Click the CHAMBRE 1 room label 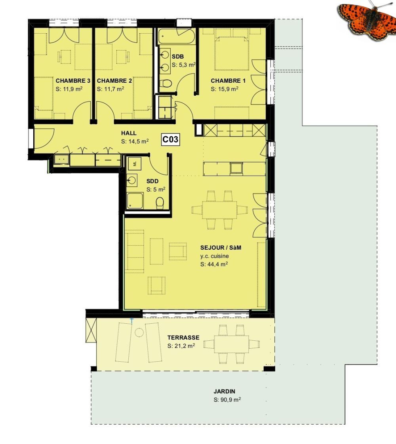(x=228, y=81)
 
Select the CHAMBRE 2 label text (x=114, y=81)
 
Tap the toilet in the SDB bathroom (x=167, y=84)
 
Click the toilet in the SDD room (x=160, y=202)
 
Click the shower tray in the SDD (x=135, y=201)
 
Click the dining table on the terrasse (x=231, y=344)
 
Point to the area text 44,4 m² (x=213, y=264)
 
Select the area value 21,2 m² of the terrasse (x=181, y=345)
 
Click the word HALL (x=129, y=133)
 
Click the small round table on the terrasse (x=139, y=333)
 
